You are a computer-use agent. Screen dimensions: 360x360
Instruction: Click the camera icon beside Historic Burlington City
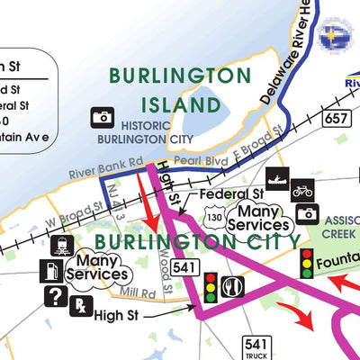click(x=102, y=117)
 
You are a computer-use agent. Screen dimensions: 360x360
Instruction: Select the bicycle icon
click(x=302, y=191)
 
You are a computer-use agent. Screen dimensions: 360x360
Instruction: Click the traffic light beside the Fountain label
click(x=307, y=263)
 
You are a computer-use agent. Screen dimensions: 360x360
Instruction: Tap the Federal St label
click(x=231, y=193)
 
